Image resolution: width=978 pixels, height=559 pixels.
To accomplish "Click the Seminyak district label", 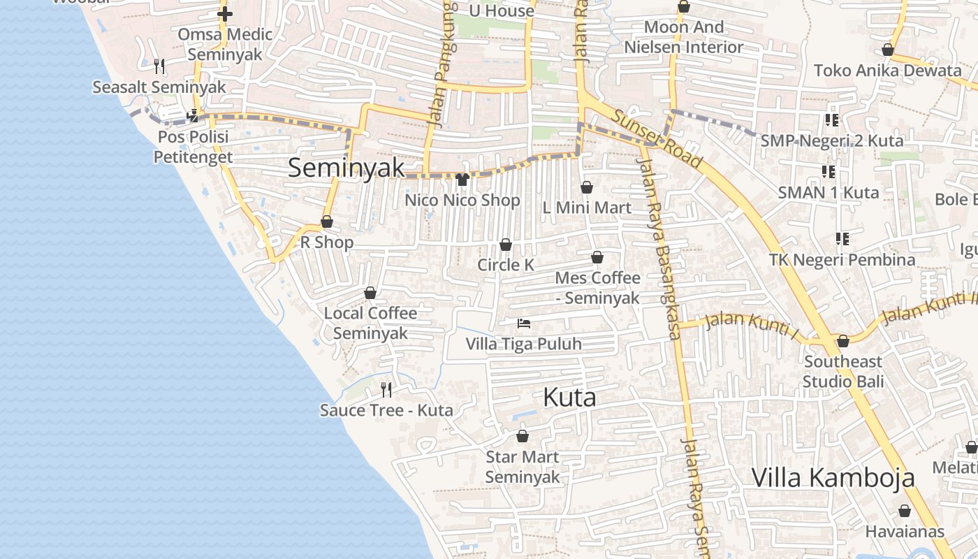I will point(346,168).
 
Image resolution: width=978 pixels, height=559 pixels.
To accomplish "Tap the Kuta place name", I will point(569,398).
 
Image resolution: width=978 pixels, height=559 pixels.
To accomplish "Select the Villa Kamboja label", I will point(833,478).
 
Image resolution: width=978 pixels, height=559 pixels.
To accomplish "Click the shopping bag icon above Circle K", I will point(505,245).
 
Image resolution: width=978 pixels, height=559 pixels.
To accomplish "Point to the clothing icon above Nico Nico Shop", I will point(462,180).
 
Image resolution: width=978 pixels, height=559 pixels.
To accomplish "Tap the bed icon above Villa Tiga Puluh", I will point(524,323).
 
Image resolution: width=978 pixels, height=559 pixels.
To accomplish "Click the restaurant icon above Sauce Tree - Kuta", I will point(386,389).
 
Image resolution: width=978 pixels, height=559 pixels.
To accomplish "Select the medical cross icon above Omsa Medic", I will point(225,13).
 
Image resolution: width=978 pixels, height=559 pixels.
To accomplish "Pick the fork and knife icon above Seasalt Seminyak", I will point(159,66).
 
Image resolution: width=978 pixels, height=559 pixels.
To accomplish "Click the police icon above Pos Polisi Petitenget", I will point(193,116).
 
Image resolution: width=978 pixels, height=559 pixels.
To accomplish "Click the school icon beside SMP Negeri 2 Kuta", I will point(831,120).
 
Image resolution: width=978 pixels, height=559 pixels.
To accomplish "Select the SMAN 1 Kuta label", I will point(829,192).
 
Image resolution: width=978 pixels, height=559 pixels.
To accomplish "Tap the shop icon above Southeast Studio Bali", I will point(843,341).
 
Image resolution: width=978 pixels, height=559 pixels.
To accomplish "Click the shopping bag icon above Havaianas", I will point(905,511).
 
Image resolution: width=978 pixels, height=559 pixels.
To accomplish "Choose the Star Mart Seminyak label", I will point(523,467).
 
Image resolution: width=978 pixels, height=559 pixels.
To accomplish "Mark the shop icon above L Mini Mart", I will point(587,187).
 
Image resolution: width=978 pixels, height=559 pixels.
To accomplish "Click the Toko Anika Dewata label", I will point(887,70).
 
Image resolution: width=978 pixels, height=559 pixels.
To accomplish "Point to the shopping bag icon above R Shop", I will point(327,222).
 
